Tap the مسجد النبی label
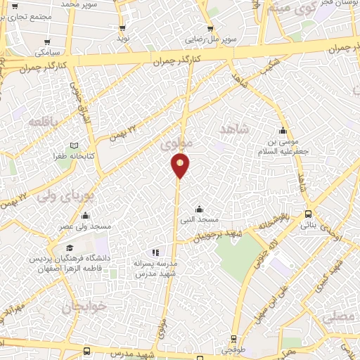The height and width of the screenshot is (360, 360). [x=199, y=220]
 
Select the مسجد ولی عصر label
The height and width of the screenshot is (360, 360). [x=86, y=226]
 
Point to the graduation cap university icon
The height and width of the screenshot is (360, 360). [x=70, y=248]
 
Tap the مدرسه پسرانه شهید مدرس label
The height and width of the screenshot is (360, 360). [x=155, y=266]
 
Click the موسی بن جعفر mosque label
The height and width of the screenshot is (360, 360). [x=283, y=147]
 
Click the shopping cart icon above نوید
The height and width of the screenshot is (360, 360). [x=124, y=28]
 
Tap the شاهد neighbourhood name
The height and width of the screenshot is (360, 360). [x=235, y=130]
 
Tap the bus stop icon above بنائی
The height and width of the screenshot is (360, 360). [x=308, y=214]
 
